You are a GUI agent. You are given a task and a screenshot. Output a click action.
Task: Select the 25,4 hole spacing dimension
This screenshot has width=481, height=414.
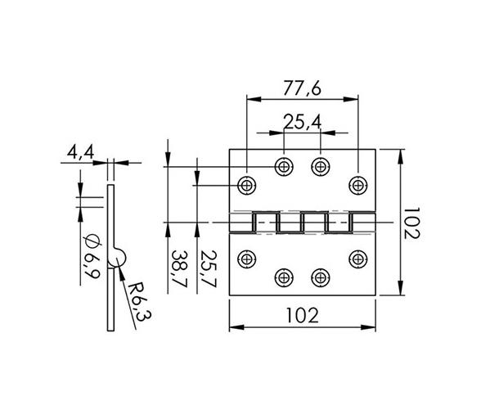click(301, 122)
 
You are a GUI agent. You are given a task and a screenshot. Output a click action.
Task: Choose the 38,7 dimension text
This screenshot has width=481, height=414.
click(177, 271)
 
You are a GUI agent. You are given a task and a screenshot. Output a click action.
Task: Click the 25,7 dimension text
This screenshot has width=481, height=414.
click(209, 271)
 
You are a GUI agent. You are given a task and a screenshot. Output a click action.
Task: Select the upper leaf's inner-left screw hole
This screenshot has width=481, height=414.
click(284, 166)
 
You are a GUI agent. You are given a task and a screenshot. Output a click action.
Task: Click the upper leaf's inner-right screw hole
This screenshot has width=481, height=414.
click(320, 166)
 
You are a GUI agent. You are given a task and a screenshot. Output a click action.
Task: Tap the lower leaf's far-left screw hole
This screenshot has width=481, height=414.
click(247, 259)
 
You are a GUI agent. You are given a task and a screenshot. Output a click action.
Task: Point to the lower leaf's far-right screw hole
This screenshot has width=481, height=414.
click(357, 259)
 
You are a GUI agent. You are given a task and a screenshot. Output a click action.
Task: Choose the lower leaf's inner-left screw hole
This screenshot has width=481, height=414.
click(284, 277)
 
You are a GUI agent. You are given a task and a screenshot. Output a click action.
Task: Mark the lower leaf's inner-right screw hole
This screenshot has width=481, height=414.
click(320, 277)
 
